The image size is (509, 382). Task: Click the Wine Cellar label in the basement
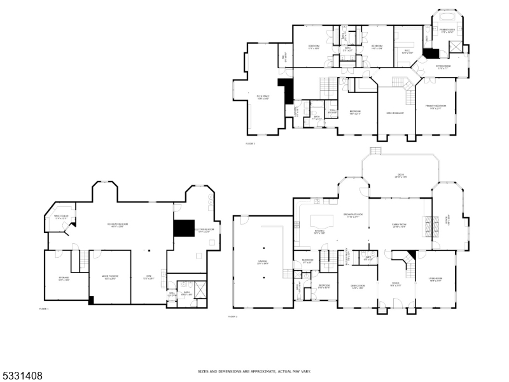coord(61,218)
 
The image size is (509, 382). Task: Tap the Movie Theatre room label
coord(110,277)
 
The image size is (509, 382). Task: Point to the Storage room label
coord(64,278)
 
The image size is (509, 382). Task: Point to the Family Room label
coord(399,225)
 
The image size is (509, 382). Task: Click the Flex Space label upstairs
coord(262,97)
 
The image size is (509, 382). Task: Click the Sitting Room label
coord(443,66)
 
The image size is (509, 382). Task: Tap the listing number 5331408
coord(22,376)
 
